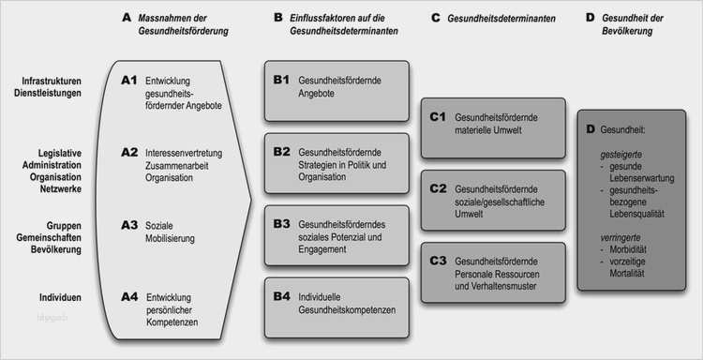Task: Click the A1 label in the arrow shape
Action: pos(130,81)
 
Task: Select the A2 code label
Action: pos(130,150)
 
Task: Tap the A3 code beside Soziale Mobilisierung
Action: pos(130,225)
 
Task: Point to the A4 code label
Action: pos(130,296)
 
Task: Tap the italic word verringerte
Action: pos(619,239)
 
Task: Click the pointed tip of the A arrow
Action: pos(254,194)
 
